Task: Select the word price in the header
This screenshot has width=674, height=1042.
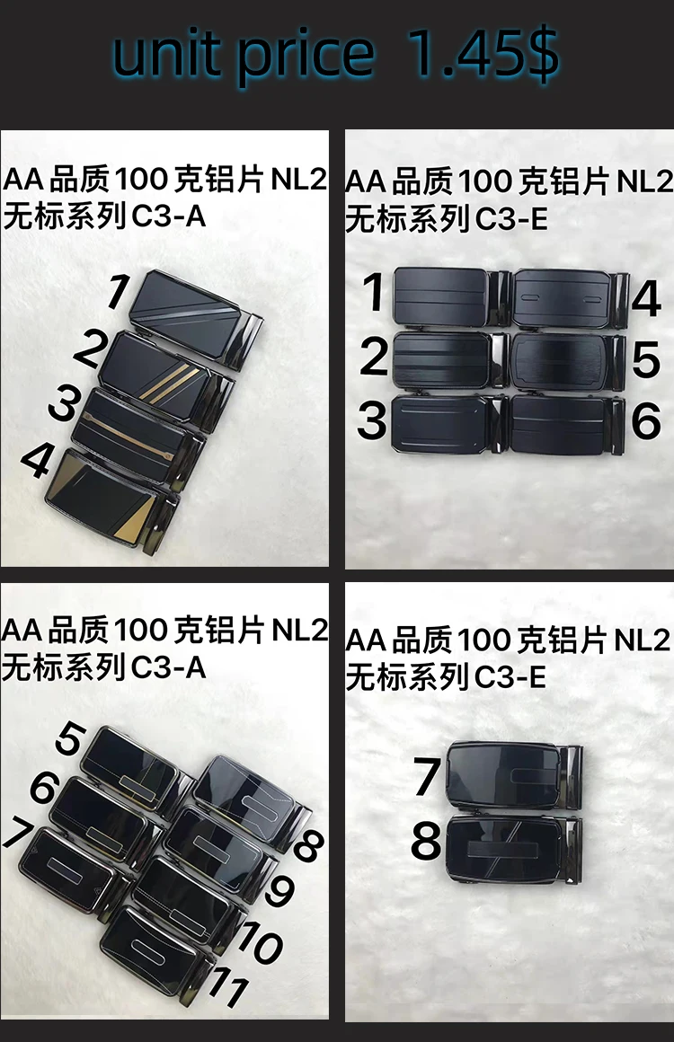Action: pos(306,56)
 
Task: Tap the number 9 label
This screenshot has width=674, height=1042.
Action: pos(279,889)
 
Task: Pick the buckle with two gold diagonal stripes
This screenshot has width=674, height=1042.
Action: pos(166,376)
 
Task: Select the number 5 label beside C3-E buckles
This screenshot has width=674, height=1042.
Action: pos(644,359)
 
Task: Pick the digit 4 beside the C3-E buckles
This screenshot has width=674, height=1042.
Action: pos(644,298)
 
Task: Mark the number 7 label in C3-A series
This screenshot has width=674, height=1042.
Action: pos(19,832)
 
